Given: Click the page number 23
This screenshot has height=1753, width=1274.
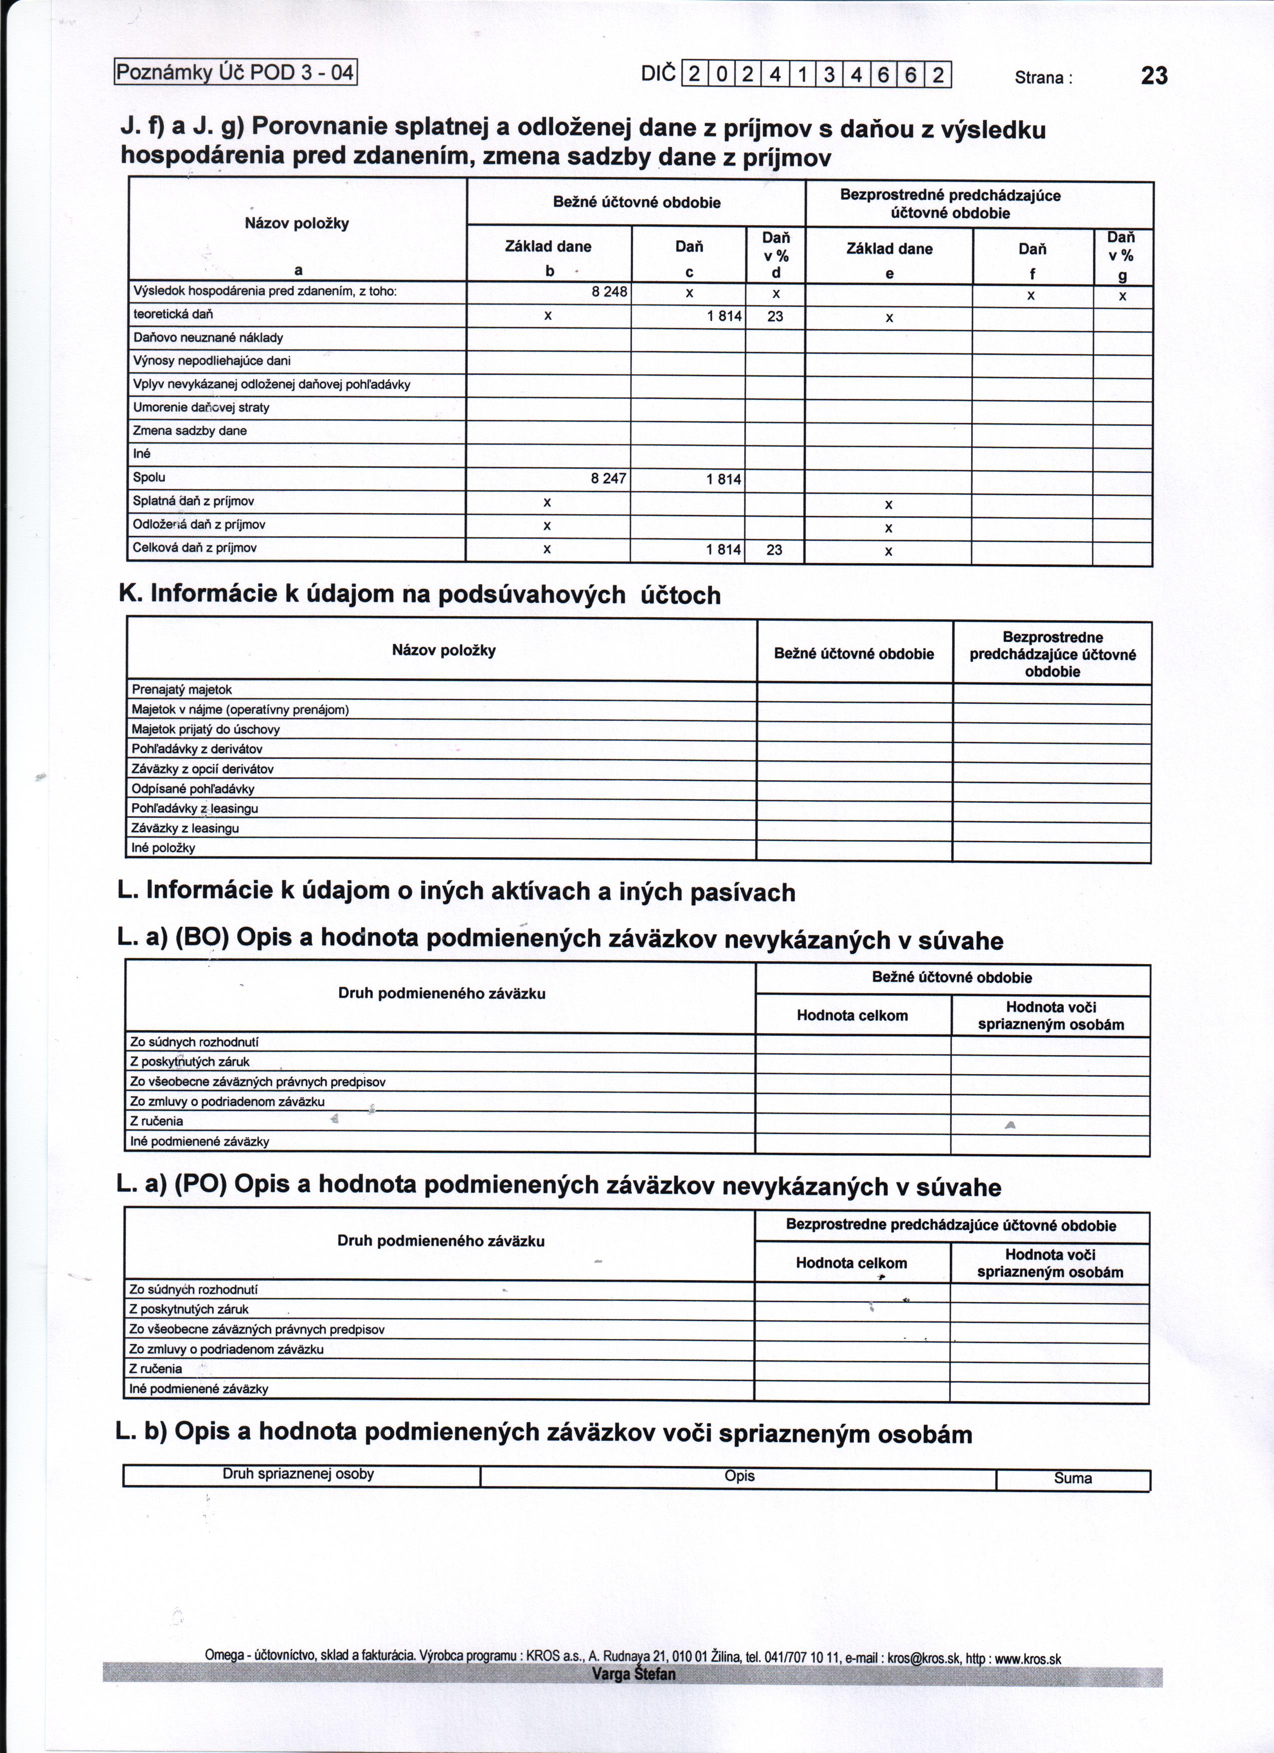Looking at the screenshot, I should (x=1154, y=76).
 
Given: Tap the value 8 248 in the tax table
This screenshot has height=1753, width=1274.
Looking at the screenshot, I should (x=609, y=292).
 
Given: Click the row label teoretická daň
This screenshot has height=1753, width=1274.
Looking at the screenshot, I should (x=173, y=314).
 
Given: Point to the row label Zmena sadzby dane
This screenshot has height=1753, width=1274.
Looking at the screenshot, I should (x=190, y=430).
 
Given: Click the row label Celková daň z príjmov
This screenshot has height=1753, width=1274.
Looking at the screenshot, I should (x=195, y=547).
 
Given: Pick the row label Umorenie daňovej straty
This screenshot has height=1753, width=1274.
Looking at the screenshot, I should (x=201, y=407).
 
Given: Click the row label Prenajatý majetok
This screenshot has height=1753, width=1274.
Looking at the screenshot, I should (x=181, y=689).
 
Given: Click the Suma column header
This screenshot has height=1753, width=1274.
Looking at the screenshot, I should (x=1073, y=1479).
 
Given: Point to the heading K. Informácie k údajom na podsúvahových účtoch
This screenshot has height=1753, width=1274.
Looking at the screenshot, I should (x=420, y=594).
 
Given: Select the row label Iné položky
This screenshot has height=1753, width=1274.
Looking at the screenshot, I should (x=163, y=848).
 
